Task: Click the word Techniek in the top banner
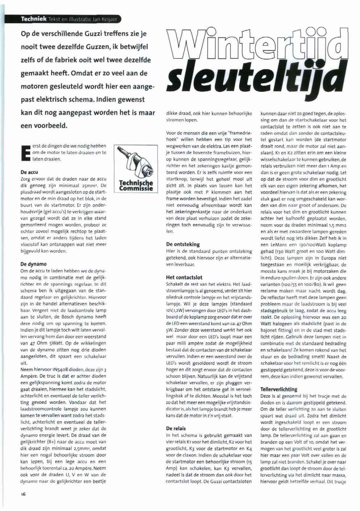[33, 19]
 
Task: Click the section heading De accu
[29, 172]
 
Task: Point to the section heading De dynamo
[34, 264]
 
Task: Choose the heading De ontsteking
[183, 244]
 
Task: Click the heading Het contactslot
[184, 277]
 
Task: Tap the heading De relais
[176, 428]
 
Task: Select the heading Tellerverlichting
[279, 389]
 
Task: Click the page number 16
[23, 494]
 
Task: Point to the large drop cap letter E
[25, 153]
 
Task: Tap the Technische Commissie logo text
[136, 185]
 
